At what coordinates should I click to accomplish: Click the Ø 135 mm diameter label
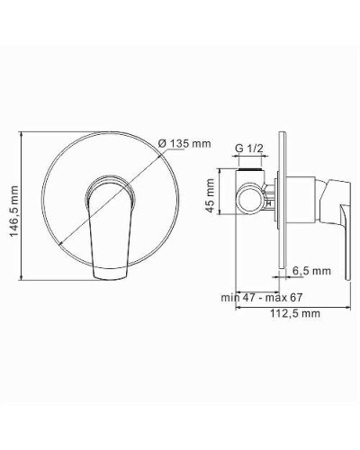184,143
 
